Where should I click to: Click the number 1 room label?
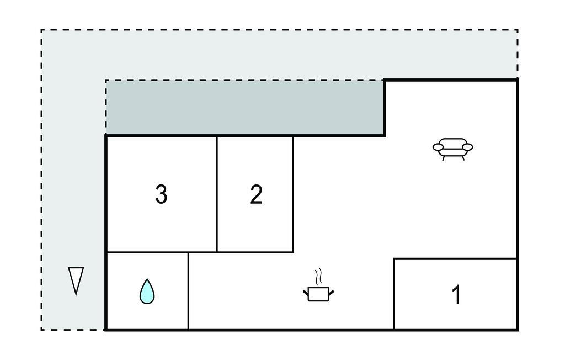[456, 295]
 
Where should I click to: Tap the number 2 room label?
[256, 194]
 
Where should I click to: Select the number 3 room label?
[161, 194]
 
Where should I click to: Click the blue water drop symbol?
[147, 292]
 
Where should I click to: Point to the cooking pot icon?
[318, 294]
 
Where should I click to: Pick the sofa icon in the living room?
[452, 149]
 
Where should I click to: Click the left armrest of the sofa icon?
[439, 147]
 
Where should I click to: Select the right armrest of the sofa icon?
[467, 147]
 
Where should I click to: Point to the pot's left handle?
[306, 293]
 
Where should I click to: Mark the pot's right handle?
[331, 293]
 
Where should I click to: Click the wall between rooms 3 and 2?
[217, 194]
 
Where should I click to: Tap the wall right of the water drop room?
[188, 291]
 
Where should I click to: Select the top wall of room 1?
[455, 258]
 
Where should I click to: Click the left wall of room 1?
[394, 294]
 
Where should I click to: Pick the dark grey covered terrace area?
[245, 107]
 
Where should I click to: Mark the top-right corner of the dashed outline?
[518, 30]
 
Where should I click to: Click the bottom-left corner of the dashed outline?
[41, 329]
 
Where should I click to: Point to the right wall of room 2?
[293, 194]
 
